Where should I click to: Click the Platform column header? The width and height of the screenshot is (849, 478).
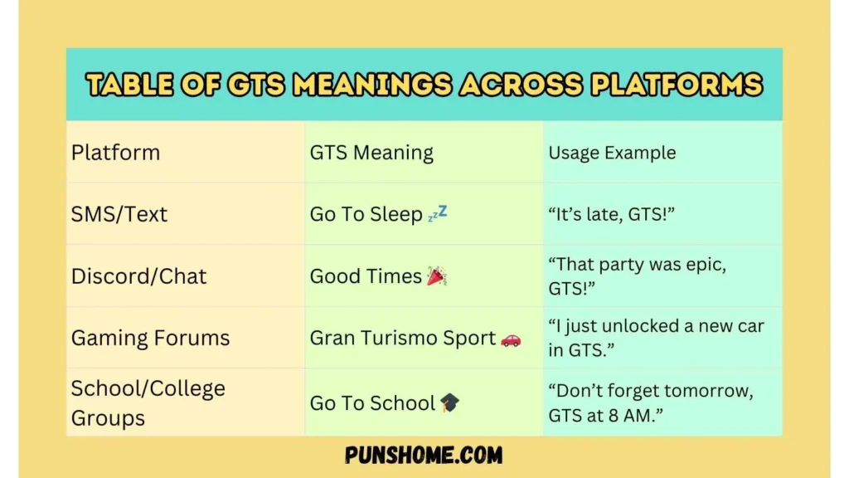[115, 153]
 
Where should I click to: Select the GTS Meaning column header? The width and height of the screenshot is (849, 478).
[371, 153]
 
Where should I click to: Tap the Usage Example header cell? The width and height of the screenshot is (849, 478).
[612, 153]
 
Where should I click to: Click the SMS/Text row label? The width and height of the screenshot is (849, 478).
[119, 214]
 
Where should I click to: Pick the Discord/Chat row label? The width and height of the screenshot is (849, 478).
[138, 276]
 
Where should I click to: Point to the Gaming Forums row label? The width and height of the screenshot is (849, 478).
[150, 338]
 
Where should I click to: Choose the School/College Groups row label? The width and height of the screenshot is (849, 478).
[148, 402]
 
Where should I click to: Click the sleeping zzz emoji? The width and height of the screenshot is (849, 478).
[437, 214]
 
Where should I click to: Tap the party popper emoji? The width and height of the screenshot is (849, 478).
[437, 276]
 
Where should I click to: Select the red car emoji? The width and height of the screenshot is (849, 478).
[511, 339]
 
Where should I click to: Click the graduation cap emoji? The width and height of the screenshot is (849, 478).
[450, 403]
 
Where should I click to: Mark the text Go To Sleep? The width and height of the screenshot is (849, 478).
[366, 214]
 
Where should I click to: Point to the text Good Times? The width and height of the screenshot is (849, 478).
[366, 276]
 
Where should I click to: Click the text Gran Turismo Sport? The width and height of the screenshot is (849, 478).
[403, 338]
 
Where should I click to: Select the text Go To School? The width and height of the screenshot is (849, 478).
[372, 403]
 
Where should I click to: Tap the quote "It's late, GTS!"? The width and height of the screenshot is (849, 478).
[612, 214]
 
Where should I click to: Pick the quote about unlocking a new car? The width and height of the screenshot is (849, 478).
[655, 338]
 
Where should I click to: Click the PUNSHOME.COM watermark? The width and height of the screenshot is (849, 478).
[424, 456]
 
